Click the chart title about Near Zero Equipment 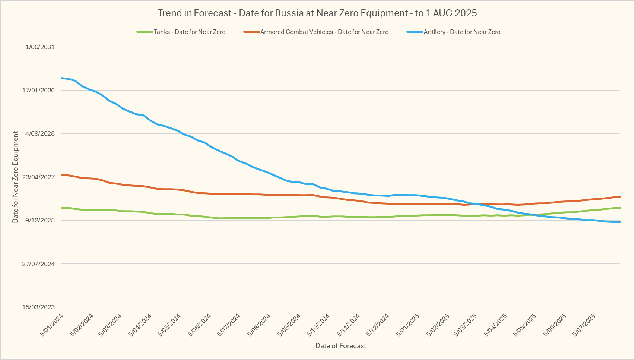point(317,13)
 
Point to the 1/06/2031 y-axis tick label point(40,47)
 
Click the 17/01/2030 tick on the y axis point(38,90)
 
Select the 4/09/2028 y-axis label point(40,133)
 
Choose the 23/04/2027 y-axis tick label point(38,177)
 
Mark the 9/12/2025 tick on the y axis point(40,220)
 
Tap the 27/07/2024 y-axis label point(38,264)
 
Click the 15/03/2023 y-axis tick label point(38,307)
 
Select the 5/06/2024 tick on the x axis point(200,325)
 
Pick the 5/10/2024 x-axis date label point(319,325)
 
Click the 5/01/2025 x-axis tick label point(408,325)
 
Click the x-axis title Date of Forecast point(341,346)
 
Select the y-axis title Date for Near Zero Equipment point(15,177)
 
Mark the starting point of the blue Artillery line point(61,78)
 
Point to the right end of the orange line point(620,196)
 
